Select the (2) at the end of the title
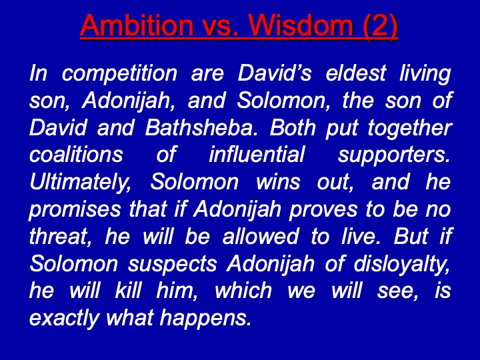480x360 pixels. coord(380,26)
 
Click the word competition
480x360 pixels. coord(119,74)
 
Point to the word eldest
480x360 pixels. coord(355,73)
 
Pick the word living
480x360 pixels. coord(425,74)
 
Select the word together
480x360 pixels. coord(409,128)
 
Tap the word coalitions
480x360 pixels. coord(76,154)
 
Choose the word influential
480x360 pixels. coord(257,154)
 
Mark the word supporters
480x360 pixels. coord(394,155)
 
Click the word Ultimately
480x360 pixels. coord(80,183)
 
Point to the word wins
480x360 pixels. coord(277,182)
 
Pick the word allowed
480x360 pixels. coord(260,236)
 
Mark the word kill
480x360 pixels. coord(128,290)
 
